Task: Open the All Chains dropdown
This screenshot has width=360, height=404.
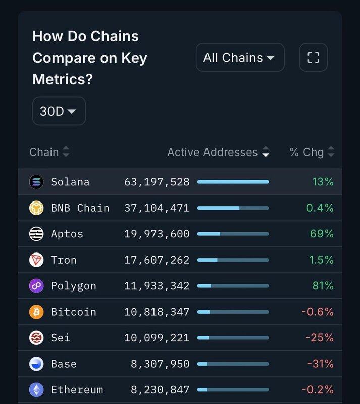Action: pyautogui.click(x=240, y=58)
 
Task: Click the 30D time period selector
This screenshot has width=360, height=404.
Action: pyautogui.click(x=59, y=111)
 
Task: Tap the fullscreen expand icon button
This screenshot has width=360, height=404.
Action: pyautogui.click(x=313, y=58)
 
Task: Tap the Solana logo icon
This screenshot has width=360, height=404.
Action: pyautogui.click(x=36, y=182)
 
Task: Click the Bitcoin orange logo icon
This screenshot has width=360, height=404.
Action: pyautogui.click(x=36, y=312)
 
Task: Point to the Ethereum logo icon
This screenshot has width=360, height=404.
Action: pyautogui.click(x=36, y=390)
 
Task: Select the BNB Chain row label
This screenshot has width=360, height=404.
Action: pyautogui.click(x=80, y=208)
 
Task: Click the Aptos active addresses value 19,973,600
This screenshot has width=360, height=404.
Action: pyautogui.click(x=157, y=234)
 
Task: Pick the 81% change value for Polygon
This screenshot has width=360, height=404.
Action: pyautogui.click(x=323, y=286)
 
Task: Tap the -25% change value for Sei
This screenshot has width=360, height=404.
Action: pyautogui.click(x=321, y=338)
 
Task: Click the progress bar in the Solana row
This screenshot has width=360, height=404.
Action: pyautogui.click(x=233, y=182)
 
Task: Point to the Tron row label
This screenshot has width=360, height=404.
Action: pyautogui.click(x=64, y=260)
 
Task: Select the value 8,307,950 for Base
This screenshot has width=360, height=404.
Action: pyautogui.click(x=160, y=364)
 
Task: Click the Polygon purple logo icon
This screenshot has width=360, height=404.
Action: pyautogui.click(x=36, y=286)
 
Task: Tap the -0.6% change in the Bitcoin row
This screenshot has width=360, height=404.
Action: pyautogui.click(x=318, y=312)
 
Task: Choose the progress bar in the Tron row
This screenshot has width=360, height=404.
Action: pyautogui.click(x=233, y=260)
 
